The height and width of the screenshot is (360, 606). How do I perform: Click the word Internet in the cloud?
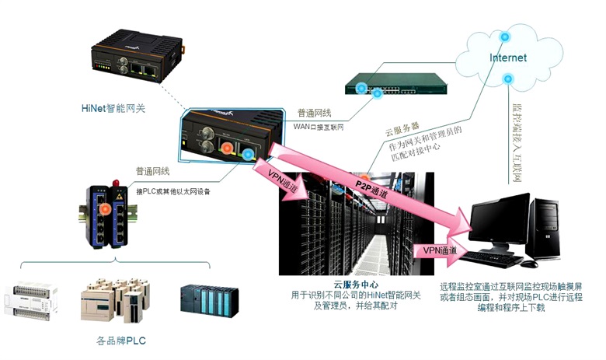pyautogui.click(x=508, y=58)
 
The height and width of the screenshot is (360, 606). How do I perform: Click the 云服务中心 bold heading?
pyautogui.click(x=355, y=285)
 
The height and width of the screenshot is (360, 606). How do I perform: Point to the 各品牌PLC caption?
pyautogui.click(x=120, y=341)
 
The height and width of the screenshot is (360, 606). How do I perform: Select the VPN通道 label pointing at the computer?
pyautogui.click(x=441, y=250)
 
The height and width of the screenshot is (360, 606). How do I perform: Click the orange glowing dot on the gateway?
pyautogui.click(x=227, y=149)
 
